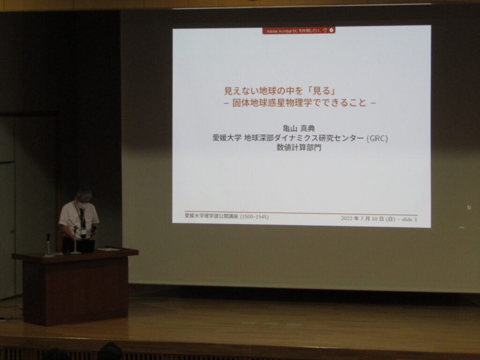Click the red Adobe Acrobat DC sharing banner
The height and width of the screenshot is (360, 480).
[299, 30]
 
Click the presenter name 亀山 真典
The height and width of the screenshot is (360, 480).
[299, 128]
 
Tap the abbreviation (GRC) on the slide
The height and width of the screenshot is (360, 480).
[377, 138]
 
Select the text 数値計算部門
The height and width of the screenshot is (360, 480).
[299, 148]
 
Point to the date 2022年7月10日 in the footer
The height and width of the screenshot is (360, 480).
[368, 219]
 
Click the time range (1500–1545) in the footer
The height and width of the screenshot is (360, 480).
[255, 217]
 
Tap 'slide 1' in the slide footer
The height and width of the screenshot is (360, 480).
[409, 219]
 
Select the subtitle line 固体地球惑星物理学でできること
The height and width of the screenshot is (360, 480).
[299, 103]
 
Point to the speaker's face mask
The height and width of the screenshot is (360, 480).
[82, 205]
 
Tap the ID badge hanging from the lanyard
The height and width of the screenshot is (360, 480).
[83, 232]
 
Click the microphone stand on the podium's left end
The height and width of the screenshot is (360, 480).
[48, 244]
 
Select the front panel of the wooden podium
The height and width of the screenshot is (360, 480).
[75, 291]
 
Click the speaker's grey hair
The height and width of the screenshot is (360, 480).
[83, 194]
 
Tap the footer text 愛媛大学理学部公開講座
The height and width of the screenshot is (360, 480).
[211, 216]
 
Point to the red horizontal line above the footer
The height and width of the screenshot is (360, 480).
[300, 213]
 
